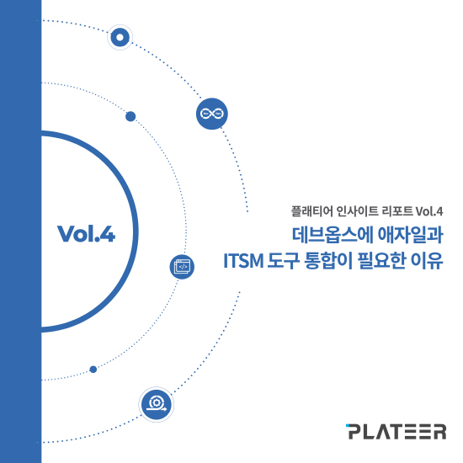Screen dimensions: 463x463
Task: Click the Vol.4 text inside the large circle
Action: [x=86, y=234]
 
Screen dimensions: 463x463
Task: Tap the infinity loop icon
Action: [x=212, y=114]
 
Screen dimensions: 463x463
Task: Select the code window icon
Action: [x=182, y=267]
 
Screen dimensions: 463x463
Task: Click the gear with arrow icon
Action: [x=157, y=404]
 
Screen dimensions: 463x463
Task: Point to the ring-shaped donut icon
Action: [x=120, y=38]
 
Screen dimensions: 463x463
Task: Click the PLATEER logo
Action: [x=396, y=432]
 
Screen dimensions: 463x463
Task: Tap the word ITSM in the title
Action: [x=243, y=261]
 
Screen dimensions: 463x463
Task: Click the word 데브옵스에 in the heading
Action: [x=333, y=235]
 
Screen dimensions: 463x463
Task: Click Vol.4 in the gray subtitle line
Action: [x=429, y=211]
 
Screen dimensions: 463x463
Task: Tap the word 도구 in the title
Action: [x=284, y=261]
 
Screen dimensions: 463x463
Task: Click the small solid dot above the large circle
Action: [x=130, y=116]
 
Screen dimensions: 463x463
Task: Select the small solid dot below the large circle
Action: [x=93, y=370]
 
